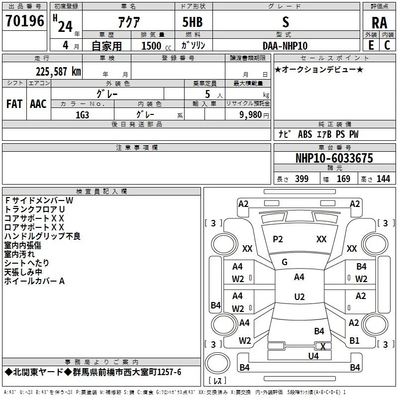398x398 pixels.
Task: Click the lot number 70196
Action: click(25, 21)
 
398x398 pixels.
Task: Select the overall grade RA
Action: click(379, 23)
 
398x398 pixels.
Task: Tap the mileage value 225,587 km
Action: click(58, 72)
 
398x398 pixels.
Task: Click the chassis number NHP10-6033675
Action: click(334, 158)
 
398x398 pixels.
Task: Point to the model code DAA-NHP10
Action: click(285, 46)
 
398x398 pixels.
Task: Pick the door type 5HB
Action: click(193, 22)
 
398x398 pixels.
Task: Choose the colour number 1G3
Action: click(82, 115)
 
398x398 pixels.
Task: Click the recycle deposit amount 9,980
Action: click(251, 115)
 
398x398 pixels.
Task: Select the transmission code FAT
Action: click(14, 104)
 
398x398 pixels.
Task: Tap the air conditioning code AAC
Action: click(38, 104)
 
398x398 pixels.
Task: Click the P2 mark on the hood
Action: click(278, 239)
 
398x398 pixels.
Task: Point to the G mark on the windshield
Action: click(285, 262)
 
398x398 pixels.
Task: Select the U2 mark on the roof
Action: click(299, 297)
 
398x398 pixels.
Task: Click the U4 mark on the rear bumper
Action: click(313, 356)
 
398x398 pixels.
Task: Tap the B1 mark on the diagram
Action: click(354, 340)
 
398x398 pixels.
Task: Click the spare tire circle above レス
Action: click(217, 363)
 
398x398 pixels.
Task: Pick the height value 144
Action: click(383, 179)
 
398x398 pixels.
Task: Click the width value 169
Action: click(343, 179)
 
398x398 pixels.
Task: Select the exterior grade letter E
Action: click(371, 45)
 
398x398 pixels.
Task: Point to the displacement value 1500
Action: click(151, 46)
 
